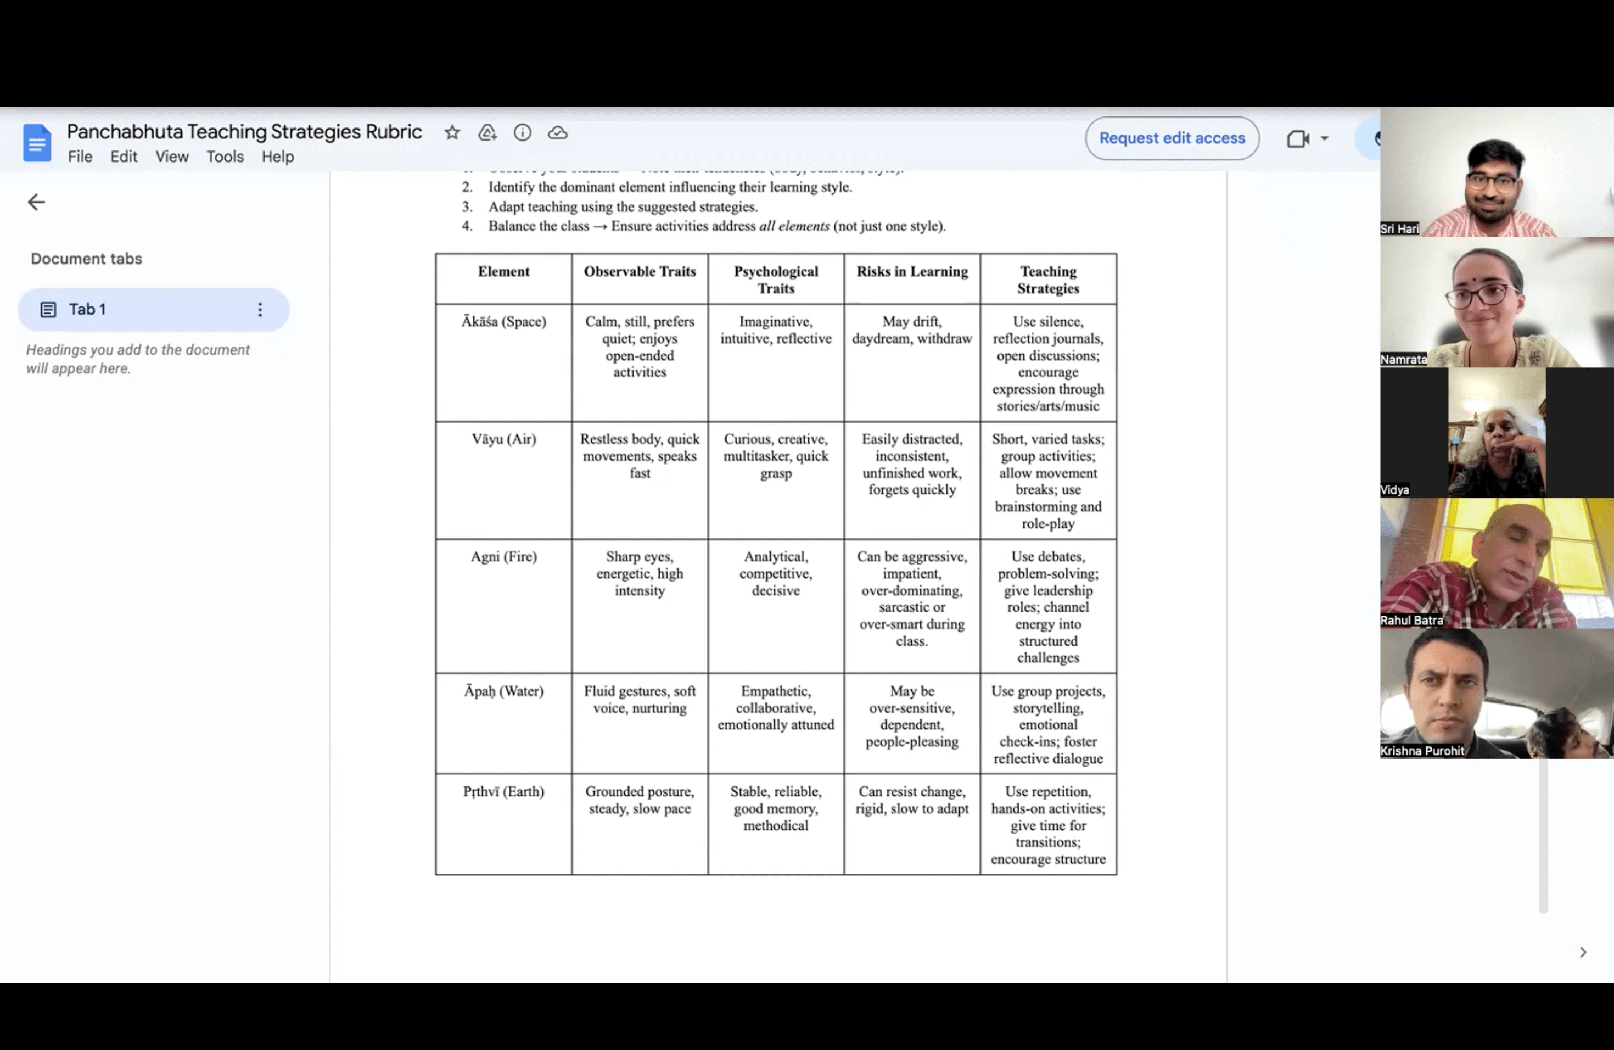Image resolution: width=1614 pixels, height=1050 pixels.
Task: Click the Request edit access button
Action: click(1172, 138)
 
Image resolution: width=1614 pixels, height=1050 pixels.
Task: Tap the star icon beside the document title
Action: click(452, 133)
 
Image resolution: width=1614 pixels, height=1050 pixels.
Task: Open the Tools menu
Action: click(225, 157)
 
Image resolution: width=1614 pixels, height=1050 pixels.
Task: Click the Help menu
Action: click(277, 157)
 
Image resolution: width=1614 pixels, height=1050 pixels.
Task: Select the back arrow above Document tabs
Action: click(36, 202)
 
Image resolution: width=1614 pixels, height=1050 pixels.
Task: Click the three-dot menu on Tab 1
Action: click(260, 310)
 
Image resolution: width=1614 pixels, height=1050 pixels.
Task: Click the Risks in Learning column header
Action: click(911, 272)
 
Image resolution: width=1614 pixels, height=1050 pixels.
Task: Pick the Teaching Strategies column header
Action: click(1048, 280)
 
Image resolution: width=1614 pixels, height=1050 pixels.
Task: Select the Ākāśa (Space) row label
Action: click(503, 321)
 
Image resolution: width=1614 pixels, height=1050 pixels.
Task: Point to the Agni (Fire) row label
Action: click(503, 557)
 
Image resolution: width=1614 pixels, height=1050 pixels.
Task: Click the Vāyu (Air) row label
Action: click(503, 439)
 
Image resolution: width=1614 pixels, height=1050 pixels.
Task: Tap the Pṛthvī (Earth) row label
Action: click(503, 791)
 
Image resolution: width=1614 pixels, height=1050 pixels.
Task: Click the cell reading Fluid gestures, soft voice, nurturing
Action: click(640, 699)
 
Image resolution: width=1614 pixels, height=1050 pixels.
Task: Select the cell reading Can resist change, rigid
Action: click(911, 800)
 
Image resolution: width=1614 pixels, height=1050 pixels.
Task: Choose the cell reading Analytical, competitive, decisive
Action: click(776, 573)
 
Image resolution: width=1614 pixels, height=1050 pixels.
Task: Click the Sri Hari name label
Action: click(1399, 229)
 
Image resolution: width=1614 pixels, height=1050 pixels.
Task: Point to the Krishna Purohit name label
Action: click(1421, 751)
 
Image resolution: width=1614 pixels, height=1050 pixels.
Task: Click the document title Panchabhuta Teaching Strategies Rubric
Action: click(244, 132)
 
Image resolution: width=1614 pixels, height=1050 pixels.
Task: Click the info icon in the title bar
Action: click(522, 133)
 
